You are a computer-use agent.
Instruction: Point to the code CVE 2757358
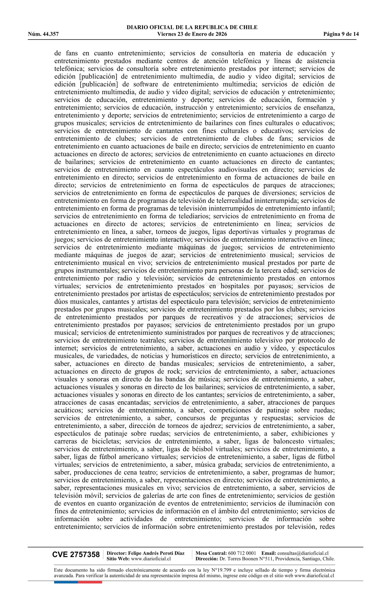76,555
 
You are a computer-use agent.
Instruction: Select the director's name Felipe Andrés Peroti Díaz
156,553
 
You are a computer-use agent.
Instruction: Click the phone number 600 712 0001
242,553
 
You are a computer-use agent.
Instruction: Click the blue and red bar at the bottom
78,582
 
